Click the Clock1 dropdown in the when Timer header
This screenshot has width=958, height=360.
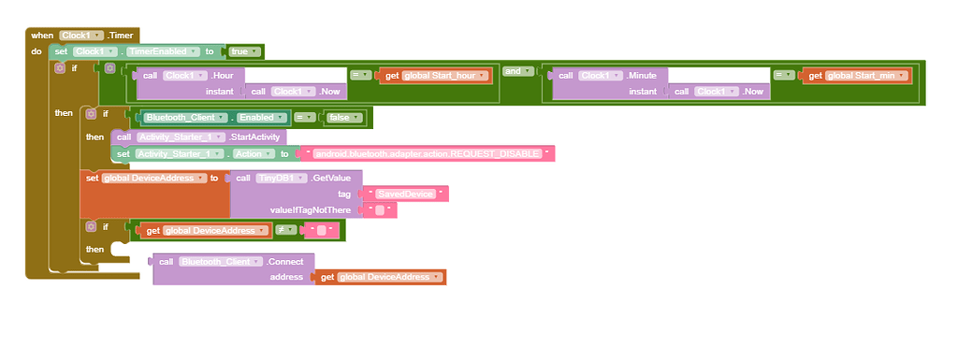[x=80, y=35]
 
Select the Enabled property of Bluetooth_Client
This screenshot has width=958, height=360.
[x=261, y=118]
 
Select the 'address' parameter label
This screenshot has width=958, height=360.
[x=286, y=277]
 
